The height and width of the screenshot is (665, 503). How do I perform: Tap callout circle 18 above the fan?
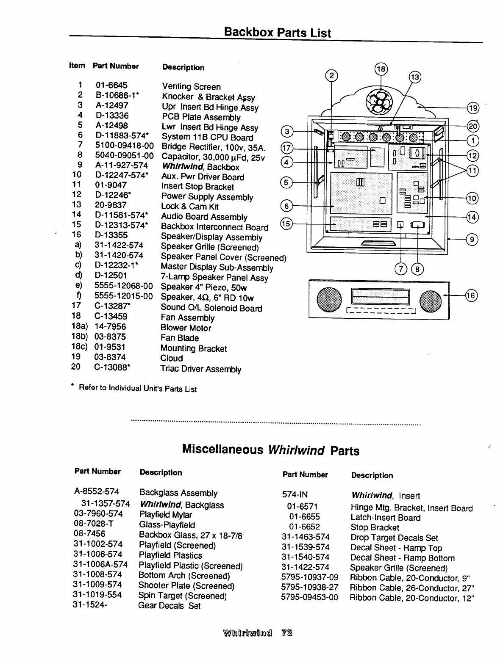pos(381,69)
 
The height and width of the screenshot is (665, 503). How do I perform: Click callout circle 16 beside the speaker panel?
pos(471,295)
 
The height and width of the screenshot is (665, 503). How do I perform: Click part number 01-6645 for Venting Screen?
pos(111,86)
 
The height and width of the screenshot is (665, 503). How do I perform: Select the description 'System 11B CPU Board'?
pos(207,137)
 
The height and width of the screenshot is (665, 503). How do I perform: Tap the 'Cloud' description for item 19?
pos(172,358)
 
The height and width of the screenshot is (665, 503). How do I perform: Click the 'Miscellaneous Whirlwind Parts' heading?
pos(270,450)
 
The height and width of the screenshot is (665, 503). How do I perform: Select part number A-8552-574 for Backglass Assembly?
pos(97,492)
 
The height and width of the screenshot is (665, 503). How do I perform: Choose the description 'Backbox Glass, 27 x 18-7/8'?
pos(191,535)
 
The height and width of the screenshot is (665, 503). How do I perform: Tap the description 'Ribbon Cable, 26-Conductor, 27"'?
pos(412,588)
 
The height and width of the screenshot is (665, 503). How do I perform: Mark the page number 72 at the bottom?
pos(287,634)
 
